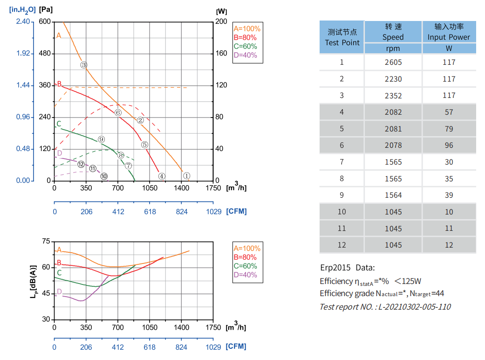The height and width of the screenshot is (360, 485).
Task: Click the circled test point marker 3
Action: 84,65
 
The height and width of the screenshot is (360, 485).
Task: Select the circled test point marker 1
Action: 187,176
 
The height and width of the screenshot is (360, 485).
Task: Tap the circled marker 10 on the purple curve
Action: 104,176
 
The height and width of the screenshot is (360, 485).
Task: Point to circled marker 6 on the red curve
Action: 118,113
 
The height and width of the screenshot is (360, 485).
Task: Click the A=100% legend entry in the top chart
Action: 247,28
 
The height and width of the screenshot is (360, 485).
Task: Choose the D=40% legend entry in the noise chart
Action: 245,275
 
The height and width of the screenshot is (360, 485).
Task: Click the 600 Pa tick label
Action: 45,22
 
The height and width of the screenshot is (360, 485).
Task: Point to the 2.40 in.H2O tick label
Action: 23,22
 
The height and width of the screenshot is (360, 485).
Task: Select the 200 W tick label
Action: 222,22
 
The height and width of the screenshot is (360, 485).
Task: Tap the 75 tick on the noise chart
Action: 46,241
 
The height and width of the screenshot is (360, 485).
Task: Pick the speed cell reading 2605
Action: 393,62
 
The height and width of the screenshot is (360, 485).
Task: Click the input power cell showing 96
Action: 449,145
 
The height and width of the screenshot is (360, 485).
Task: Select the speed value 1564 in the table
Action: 393,195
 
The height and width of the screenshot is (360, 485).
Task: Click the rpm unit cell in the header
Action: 393,48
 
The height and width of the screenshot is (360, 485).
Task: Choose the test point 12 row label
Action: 342,245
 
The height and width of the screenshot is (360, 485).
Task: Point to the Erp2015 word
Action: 335,268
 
